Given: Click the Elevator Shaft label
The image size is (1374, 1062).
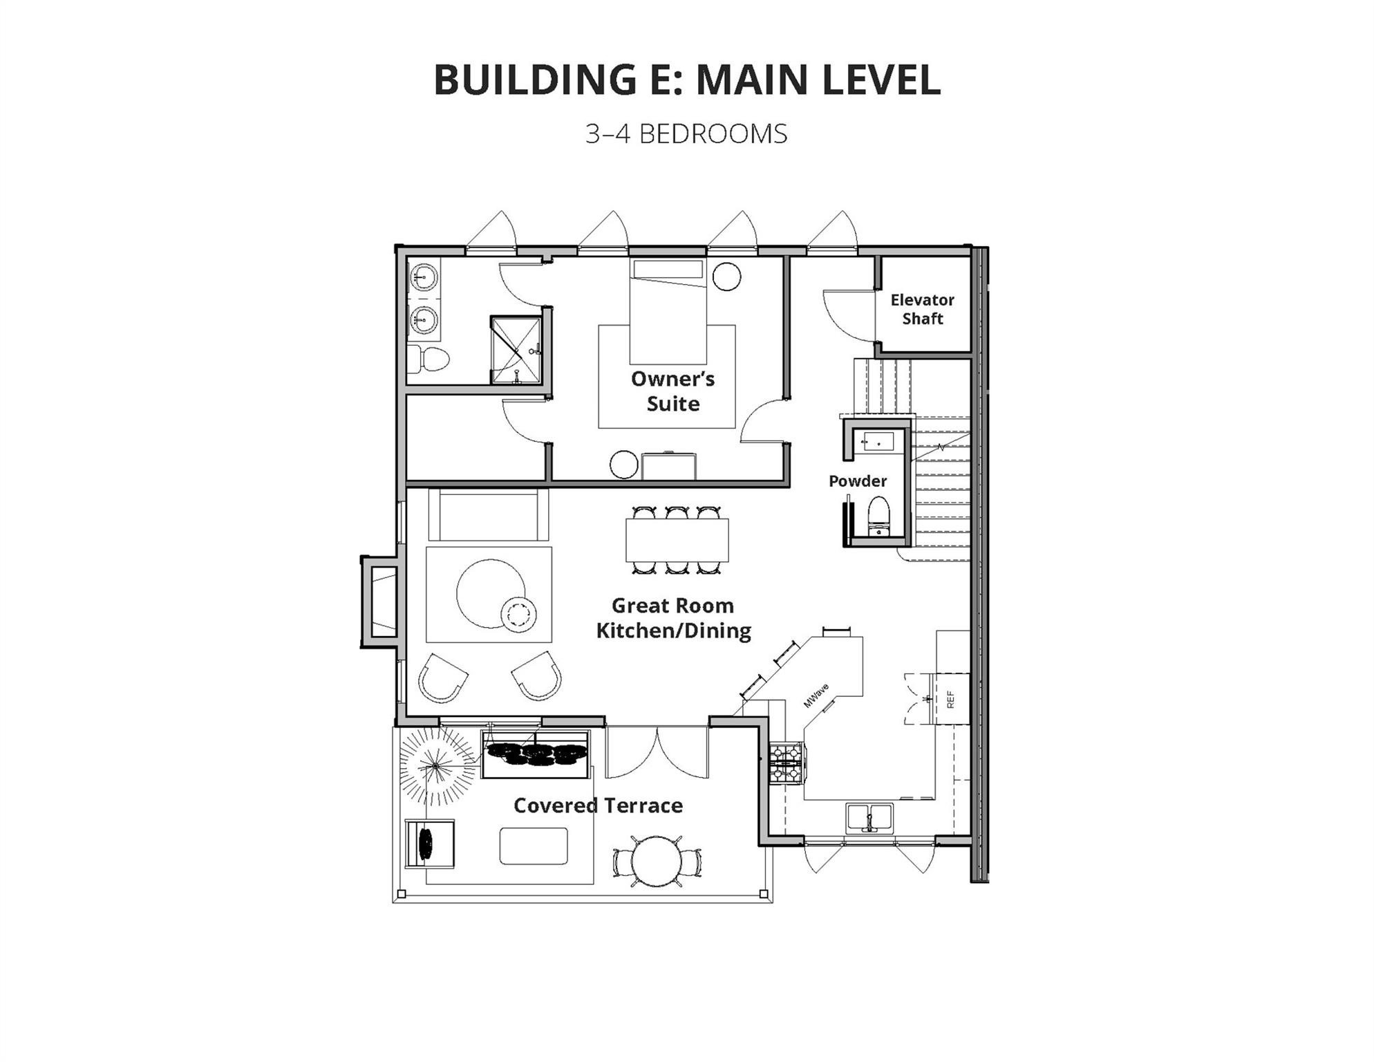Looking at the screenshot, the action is (x=922, y=309).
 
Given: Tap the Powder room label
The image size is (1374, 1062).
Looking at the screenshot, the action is (x=858, y=481).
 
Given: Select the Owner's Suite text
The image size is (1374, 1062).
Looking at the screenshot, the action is (x=672, y=391).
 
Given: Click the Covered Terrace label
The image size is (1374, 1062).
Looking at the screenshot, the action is (x=598, y=805).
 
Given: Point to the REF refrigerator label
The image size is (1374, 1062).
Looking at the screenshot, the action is (x=950, y=700).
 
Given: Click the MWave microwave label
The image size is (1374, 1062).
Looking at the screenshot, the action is (x=816, y=696).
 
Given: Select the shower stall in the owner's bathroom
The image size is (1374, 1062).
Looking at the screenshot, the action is (x=516, y=350).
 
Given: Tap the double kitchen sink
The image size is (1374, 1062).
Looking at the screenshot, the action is (x=869, y=818).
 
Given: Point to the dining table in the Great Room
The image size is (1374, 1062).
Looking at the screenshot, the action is (x=677, y=540).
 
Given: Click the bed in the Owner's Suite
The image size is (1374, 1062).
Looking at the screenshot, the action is (x=668, y=312).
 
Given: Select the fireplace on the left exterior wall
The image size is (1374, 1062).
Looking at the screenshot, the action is (x=380, y=602).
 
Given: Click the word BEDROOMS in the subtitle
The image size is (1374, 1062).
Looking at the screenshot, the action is (x=713, y=134).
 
